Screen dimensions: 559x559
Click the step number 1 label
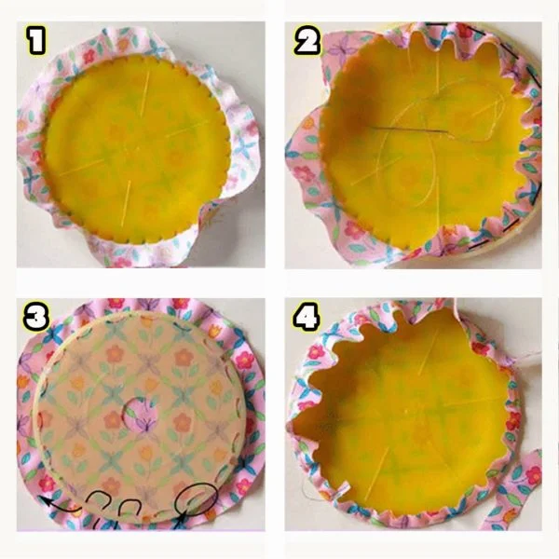click(x=37, y=41)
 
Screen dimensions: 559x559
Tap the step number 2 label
click(x=307, y=41)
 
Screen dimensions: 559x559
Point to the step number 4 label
click(x=307, y=316)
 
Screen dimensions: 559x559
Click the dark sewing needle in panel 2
click(x=410, y=130)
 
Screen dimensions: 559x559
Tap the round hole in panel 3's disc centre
click(x=140, y=415)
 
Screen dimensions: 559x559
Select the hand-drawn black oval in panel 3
click(x=197, y=499)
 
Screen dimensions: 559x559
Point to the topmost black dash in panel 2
click(x=436, y=24)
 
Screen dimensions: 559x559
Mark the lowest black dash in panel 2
click(x=478, y=245)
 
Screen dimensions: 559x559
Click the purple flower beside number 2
click(x=338, y=50)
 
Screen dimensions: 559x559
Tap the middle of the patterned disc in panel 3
click(x=140, y=416)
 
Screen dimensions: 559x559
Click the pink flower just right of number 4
click(x=316, y=352)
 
